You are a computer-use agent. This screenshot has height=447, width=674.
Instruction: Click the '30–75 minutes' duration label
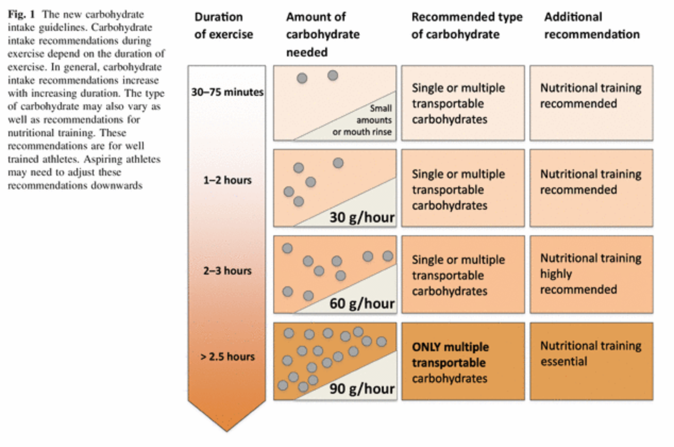(x=228, y=92)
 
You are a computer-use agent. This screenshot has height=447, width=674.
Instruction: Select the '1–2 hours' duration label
(x=228, y=180)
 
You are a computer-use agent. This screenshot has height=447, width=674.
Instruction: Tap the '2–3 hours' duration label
(x=228, y=271)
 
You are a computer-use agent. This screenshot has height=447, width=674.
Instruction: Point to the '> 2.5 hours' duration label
(x=228, y=357)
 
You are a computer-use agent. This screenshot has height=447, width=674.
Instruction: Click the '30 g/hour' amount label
(x=362, y=218)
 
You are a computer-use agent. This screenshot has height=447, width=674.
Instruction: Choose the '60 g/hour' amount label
(x=362, y=304)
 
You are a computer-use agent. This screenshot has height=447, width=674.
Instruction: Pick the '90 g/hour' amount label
(x=362, y=389)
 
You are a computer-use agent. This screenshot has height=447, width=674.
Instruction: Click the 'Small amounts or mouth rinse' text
(x=363, y=120)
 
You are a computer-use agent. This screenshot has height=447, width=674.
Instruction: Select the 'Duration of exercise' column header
(x=224, y=26)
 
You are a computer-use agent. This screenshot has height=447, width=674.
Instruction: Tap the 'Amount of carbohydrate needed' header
(x=323, y=35)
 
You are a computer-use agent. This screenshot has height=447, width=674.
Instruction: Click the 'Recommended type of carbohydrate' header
(x=467, y=26)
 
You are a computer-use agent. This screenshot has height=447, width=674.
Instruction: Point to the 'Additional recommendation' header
(x=592, y=26)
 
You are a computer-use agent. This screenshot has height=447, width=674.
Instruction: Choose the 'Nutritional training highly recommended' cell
(x=592, y=275)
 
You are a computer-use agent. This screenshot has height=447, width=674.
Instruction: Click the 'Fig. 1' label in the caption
(x=21, y=14)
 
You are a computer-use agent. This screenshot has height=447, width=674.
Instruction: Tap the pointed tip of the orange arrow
(x=227, y=432)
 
